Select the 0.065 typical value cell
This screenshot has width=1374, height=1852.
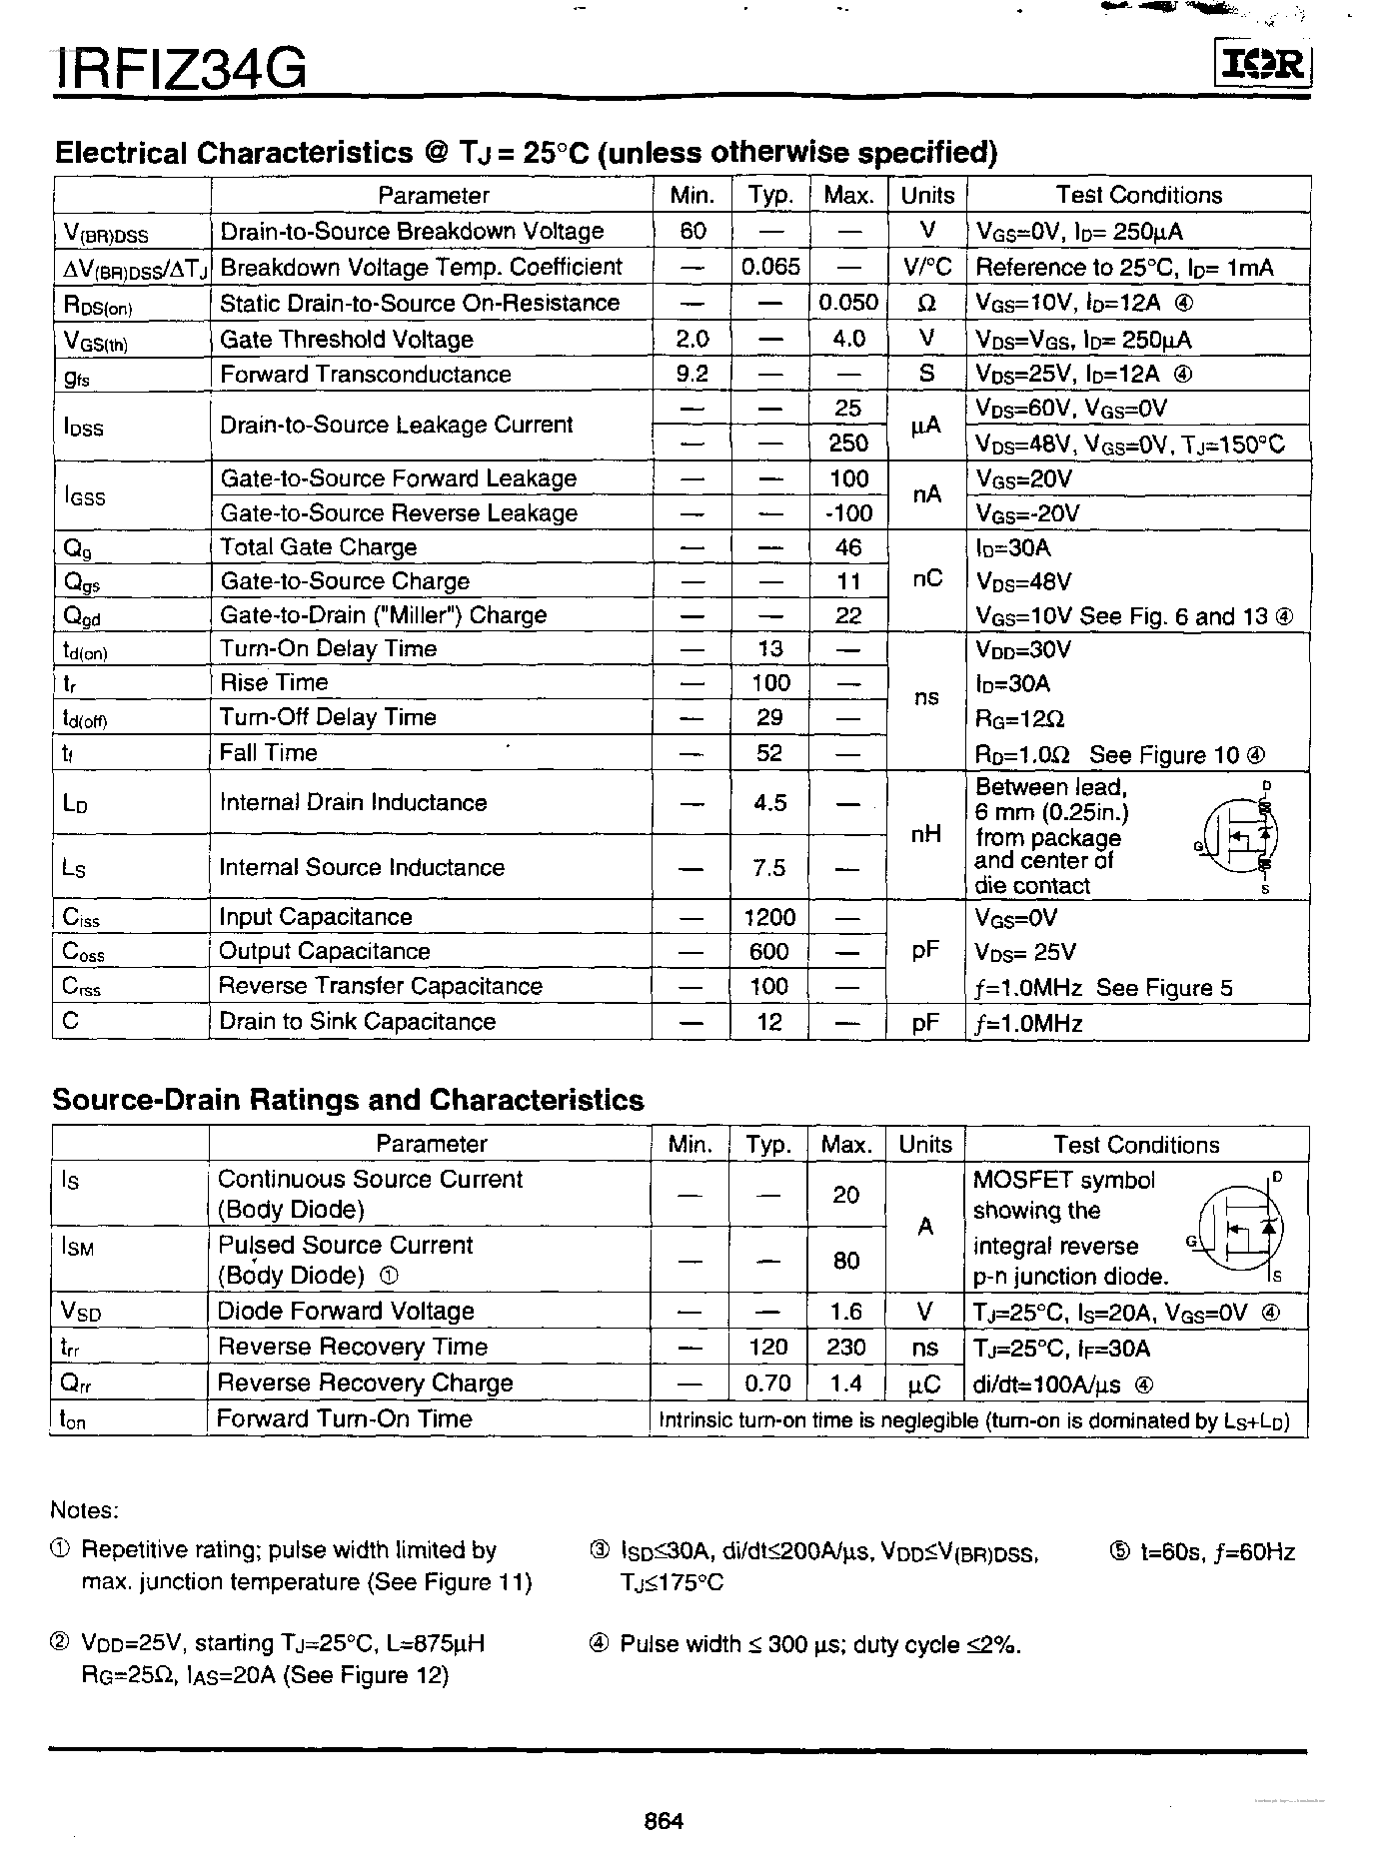point(770,267)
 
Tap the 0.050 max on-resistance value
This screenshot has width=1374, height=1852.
point(848,303)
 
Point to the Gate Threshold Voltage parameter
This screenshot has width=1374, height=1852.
point(346,340)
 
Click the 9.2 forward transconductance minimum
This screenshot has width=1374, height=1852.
point(691,374)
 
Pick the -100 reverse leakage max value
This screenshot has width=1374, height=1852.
point(848,513)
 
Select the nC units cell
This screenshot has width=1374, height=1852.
point(927,579)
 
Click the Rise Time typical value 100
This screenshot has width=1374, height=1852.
point(770,683)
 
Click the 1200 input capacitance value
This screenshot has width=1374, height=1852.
point(769,917)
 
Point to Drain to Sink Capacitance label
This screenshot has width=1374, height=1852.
point(357,1021)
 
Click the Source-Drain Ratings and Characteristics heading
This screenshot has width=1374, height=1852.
point(348,1100)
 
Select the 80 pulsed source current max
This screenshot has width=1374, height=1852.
point(846,1261)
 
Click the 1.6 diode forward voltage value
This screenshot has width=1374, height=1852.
point(846,1312)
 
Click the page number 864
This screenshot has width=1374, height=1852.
point(664,1820)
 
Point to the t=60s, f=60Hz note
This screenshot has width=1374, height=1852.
point(1203,1552)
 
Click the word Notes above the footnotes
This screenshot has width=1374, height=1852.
point(84,1509)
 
